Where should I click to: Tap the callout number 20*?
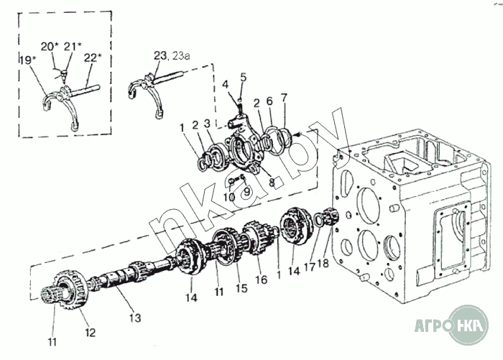coord(50,47)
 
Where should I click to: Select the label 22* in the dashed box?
coord(93,57)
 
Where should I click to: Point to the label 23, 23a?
coord(172,55)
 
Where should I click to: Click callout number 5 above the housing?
coord(244,77)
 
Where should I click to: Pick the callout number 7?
coord(284,97)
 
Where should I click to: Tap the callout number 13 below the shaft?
coord(135,318)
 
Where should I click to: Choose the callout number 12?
coord(90,333)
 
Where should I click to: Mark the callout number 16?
coord(262,280)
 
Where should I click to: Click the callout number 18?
coord(323,264)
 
